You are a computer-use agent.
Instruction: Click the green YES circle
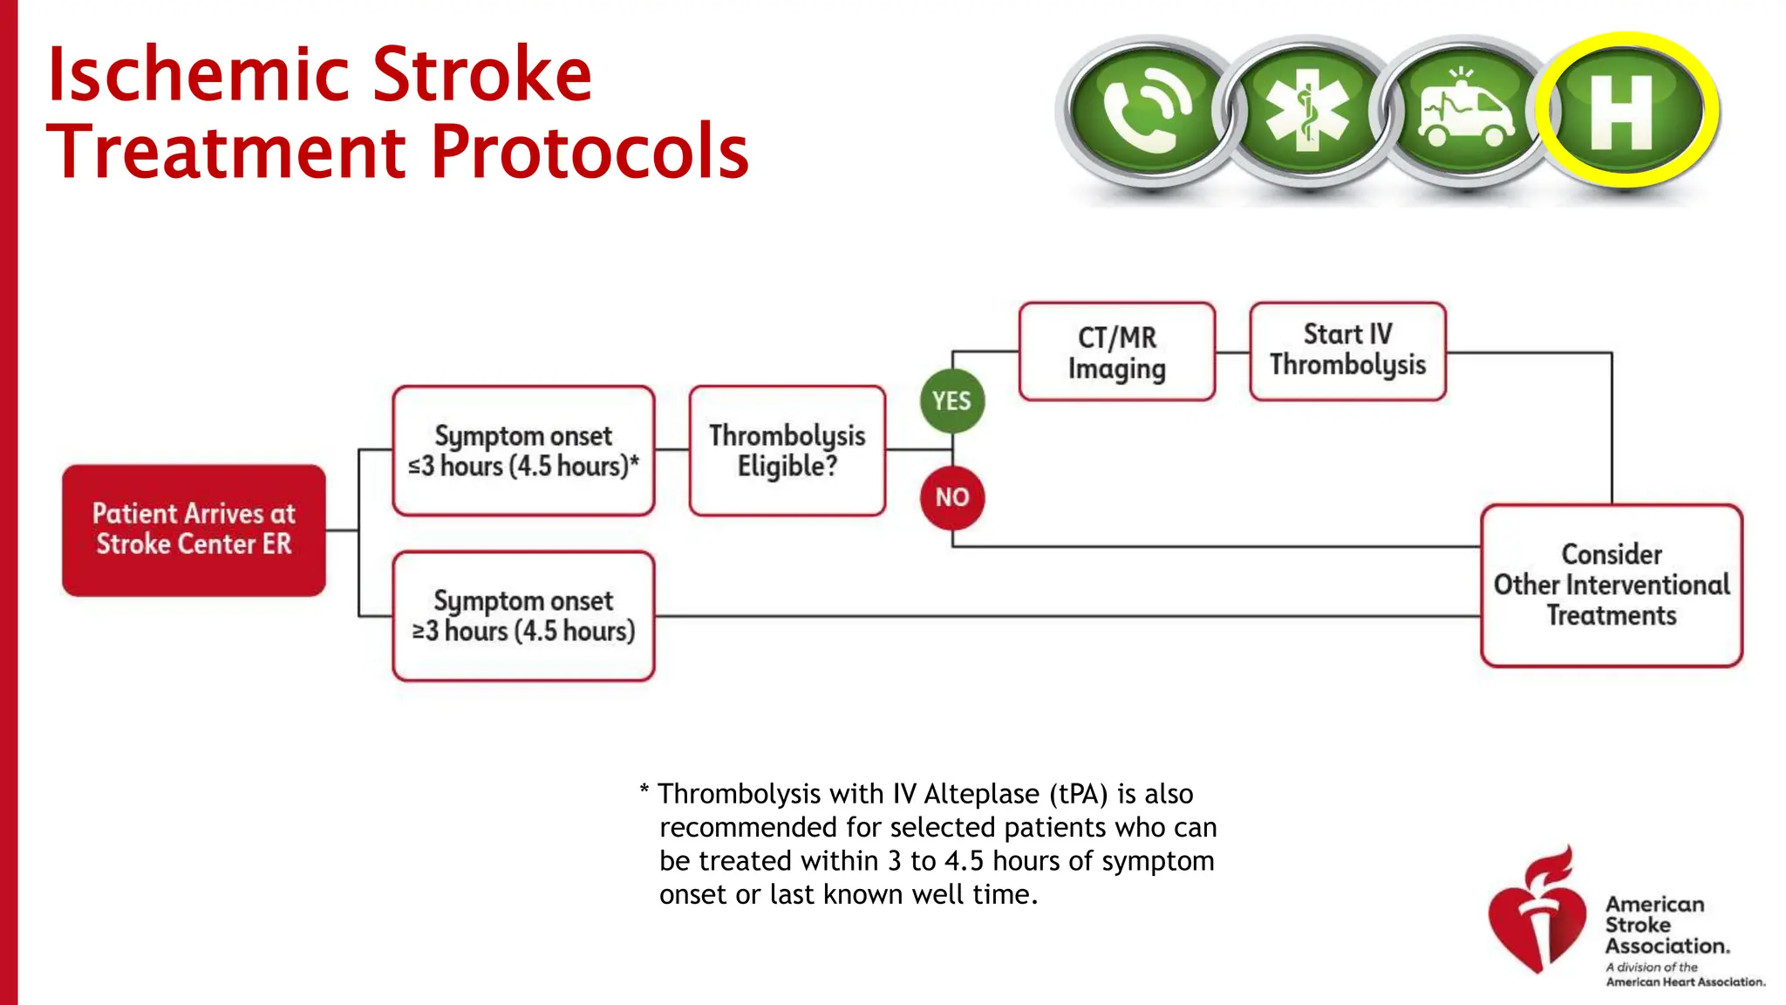951,401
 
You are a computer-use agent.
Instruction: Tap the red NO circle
951,497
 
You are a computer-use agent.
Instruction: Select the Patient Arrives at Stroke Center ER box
194,530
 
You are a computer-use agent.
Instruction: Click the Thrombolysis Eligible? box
787,451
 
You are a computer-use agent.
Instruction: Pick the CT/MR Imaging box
1116,352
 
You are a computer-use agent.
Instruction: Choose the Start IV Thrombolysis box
1347,351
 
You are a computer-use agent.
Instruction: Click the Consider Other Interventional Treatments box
1611,585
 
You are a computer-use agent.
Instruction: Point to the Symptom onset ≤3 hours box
523,451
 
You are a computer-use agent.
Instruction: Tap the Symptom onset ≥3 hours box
523,616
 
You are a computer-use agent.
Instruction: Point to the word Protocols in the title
590,152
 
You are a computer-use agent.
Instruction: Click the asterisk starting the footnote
644,791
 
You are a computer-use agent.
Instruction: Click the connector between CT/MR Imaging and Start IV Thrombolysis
1232,352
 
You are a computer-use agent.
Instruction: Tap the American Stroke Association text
1666,925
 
